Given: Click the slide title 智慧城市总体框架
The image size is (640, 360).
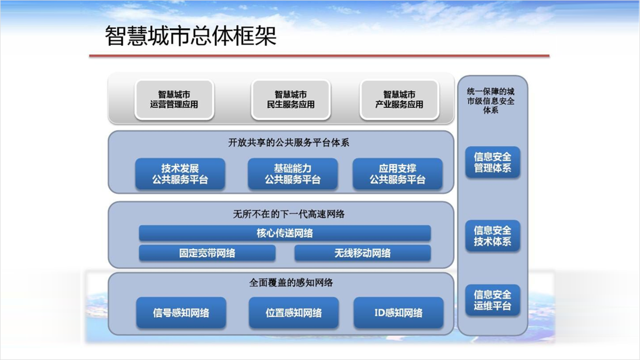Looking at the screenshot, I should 191,37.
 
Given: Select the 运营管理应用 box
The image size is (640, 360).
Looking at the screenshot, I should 174,100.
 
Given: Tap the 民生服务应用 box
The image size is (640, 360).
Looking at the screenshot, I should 291,100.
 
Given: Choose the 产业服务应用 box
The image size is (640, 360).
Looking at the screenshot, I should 399,100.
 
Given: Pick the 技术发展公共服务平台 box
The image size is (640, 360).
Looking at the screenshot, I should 180,174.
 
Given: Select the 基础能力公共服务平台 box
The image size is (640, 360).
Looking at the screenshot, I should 293,174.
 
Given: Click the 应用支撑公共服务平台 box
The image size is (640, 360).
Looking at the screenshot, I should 397,174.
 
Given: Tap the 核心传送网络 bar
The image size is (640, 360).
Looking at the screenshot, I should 285,233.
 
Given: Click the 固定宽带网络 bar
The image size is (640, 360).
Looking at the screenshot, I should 207,253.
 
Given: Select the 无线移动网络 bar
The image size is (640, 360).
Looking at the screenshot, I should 362,253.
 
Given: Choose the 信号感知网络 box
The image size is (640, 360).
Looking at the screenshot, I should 181,313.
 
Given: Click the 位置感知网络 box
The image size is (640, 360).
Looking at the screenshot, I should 294,313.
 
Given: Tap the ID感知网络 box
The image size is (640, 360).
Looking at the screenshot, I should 398,313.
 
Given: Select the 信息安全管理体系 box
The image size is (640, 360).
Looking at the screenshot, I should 492,162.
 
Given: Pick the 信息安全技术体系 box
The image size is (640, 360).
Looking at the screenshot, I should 492,236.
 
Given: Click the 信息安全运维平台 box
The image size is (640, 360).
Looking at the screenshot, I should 492,300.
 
